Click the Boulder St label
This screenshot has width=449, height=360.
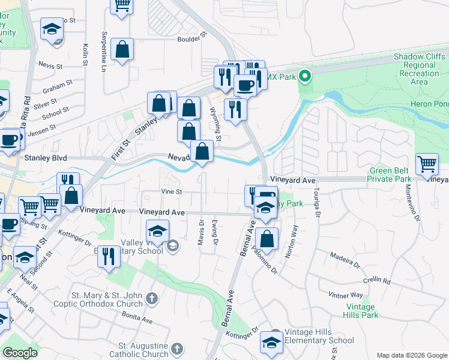click(x=191, y=41)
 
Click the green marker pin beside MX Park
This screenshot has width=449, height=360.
click(x=305, y=76)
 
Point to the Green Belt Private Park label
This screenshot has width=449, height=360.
click(x=391, y=175)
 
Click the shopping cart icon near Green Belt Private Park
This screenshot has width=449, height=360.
click(x=427, y=163)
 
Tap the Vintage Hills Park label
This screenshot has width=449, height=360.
click(x=361, y=311)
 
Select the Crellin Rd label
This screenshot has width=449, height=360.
click(x=377, y=280)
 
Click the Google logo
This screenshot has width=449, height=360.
click(x=20, y=353)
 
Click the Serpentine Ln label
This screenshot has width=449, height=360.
click(x=104, y=49)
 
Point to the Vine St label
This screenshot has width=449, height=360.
click(x=172, y=191)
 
